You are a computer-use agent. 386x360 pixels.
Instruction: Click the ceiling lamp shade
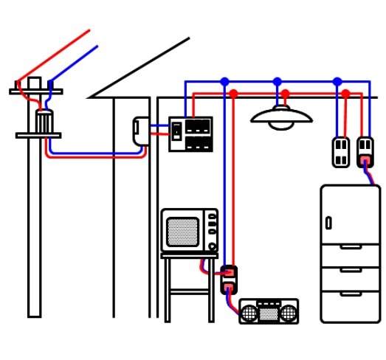coord(280,114)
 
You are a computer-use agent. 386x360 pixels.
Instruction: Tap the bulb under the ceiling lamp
coord(281,125)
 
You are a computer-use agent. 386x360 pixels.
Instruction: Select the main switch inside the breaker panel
coord(176,131)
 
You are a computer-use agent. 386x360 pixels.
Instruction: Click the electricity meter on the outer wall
coord(140,131)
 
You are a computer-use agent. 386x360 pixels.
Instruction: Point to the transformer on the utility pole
coord(44,121)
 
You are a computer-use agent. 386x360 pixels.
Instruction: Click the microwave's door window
coord(182,232)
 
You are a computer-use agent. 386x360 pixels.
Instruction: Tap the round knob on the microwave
coord(213,246)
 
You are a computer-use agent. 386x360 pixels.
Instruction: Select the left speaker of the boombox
coord(250,313)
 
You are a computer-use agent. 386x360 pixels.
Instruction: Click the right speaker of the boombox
coord(288,313)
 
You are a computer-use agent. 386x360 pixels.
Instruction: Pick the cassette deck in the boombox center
coord(269,313)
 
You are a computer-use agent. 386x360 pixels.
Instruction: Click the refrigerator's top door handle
coord(328,223)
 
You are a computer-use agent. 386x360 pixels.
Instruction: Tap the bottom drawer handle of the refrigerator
coord(351,294)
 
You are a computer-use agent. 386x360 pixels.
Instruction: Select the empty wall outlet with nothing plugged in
coord(340,152)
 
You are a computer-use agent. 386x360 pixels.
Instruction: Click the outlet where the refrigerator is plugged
coord(365,152)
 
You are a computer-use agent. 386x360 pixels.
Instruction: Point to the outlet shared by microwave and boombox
coord(229,280)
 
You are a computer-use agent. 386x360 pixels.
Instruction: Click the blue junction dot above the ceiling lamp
coord(277,82)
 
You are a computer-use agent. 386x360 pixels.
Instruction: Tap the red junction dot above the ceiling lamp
coord(285,94)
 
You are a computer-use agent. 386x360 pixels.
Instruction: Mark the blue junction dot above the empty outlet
coord(337,82)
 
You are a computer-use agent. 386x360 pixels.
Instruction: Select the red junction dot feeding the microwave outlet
coord(233,94)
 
